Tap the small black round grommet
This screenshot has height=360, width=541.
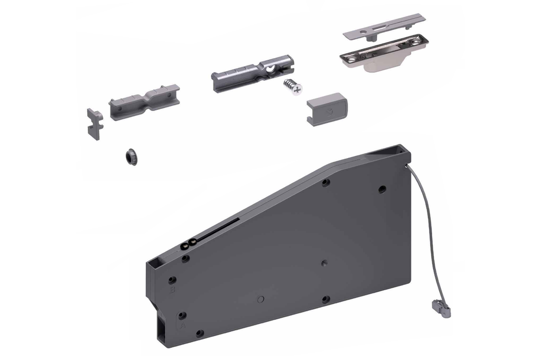(130, 156)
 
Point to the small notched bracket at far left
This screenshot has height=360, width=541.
(95, 123)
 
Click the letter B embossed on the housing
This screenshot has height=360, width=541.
(171, 290)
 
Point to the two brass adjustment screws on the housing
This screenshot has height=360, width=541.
(189, 244)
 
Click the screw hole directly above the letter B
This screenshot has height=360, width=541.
(172, 279)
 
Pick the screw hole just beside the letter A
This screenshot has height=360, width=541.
(182, 315)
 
